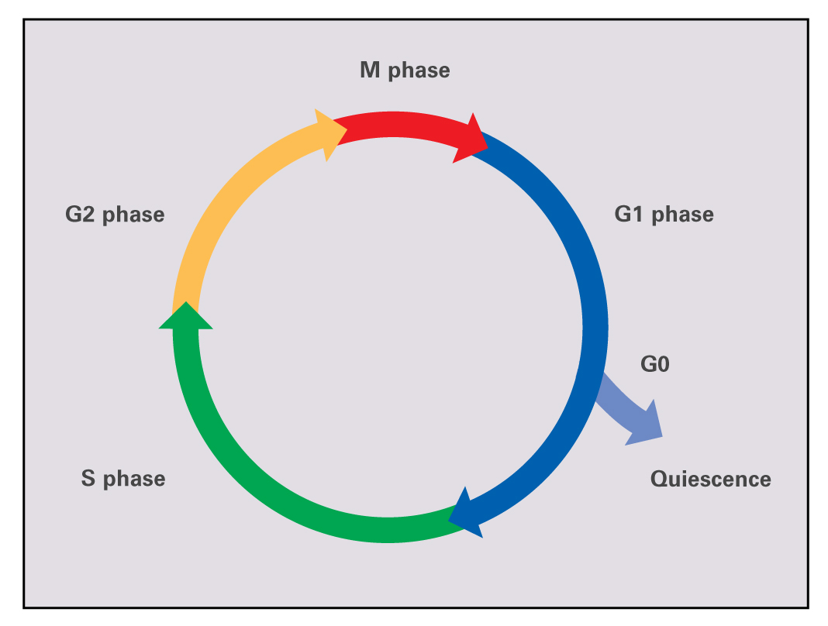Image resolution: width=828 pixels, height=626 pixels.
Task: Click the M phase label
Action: [x=405, y=71]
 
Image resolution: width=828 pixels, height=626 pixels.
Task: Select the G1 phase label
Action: [x=664, y=214]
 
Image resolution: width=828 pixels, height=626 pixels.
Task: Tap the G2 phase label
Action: [x=115, y=214]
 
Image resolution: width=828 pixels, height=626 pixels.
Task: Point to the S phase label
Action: [x=122, y=478]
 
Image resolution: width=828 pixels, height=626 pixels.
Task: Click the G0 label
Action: [x=654, y=363]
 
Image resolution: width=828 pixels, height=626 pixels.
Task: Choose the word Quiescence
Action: [x=710, y=479]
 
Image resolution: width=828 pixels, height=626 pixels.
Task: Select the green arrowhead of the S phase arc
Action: [x=185, y=317]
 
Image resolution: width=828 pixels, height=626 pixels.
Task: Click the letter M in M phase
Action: [x=370, y=71]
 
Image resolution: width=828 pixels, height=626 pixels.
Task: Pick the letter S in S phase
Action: [x=88, y=478]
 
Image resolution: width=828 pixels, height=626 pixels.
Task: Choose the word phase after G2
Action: [x=133, y=215]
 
